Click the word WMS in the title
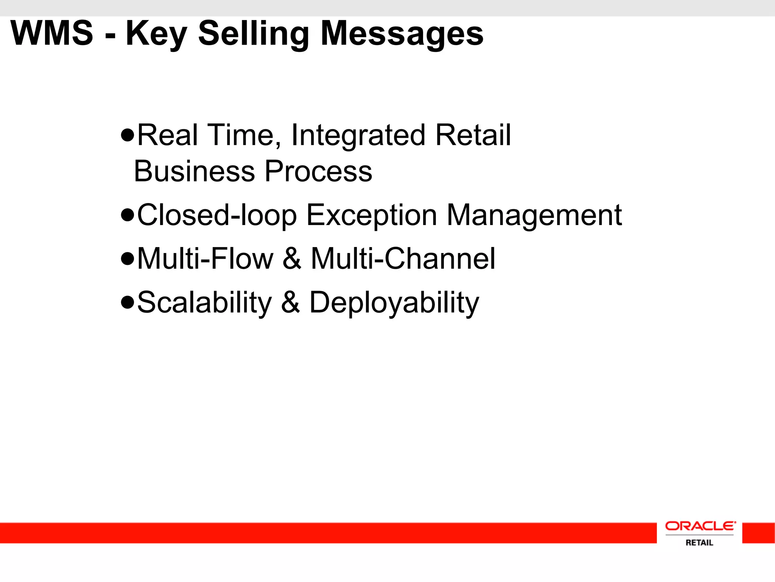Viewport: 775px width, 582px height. coord(52,33)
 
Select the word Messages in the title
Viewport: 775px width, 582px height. coord(402,34)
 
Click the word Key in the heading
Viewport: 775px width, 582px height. coord(156,34)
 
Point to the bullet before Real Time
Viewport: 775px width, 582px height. coord(128,135)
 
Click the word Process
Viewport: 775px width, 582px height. coord(318,171)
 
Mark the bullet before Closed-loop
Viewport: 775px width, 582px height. coord(128,215)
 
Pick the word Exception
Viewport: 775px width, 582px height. coord(372,216)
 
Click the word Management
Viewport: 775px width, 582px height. coord(534,216)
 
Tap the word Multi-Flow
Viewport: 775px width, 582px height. coord(205,259)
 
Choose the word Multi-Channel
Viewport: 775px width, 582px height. coord(403,259)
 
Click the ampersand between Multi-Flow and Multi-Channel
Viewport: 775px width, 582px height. coord(292,259)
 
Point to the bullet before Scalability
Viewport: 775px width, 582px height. coord(128,302)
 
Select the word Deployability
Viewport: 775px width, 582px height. coord(394,303)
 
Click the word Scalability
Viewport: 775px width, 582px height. coord(204,303)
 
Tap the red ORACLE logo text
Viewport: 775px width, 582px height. coord(700,526)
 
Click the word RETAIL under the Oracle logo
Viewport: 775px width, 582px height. coord(699,543)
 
